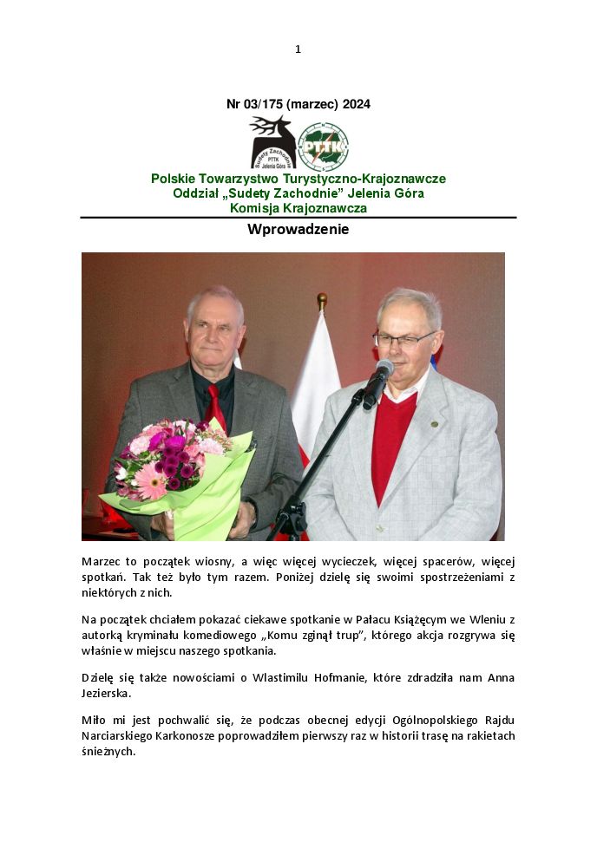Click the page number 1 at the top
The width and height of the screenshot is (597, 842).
point(298,49)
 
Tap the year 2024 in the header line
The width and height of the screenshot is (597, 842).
point(356,104)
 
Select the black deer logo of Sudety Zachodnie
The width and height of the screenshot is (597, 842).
point(272,142)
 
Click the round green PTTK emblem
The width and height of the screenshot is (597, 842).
point(323,146)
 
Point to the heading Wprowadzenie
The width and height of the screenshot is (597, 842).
point(298,230)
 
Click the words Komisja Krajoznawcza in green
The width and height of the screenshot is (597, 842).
point(298,208)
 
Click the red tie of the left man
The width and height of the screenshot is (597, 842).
point(214,406)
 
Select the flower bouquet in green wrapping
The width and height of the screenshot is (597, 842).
point(178,473)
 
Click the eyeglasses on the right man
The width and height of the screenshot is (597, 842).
point(403,339)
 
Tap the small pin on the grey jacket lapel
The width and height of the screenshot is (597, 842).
point(434,424)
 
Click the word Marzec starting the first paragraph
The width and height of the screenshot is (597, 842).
point(102,562)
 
